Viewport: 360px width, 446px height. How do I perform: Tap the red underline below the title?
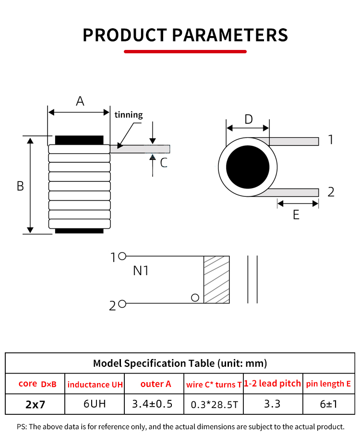tap(185, 51)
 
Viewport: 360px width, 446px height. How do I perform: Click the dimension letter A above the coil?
tap(80, 101)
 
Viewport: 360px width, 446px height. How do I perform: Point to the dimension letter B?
tap(20, 186)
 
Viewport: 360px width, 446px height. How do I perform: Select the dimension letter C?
tap(164, 163)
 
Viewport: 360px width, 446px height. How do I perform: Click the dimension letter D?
tap(248, 119)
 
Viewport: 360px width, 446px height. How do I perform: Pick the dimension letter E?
tap(296, 215)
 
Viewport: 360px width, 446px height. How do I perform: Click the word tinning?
tap(129, 115)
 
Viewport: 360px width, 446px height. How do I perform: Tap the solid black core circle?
tap(248, 168)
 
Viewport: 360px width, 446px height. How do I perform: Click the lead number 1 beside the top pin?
tap(330, 140)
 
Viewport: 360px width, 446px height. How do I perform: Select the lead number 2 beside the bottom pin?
tap(331, 192)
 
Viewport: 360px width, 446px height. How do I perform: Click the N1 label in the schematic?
tap(141, 271)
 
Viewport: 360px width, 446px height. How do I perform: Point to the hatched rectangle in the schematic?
tap(216, 279)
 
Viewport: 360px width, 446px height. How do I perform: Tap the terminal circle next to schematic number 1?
tap(122, 256)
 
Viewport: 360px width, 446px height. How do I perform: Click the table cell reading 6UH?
tap(95, 404)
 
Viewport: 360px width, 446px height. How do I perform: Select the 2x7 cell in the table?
tap(35, 404)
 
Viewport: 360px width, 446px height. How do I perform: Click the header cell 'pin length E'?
tap(328, 384)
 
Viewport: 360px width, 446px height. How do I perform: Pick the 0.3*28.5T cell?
tap(214, 405)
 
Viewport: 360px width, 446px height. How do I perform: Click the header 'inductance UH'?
tap(95, 385)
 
